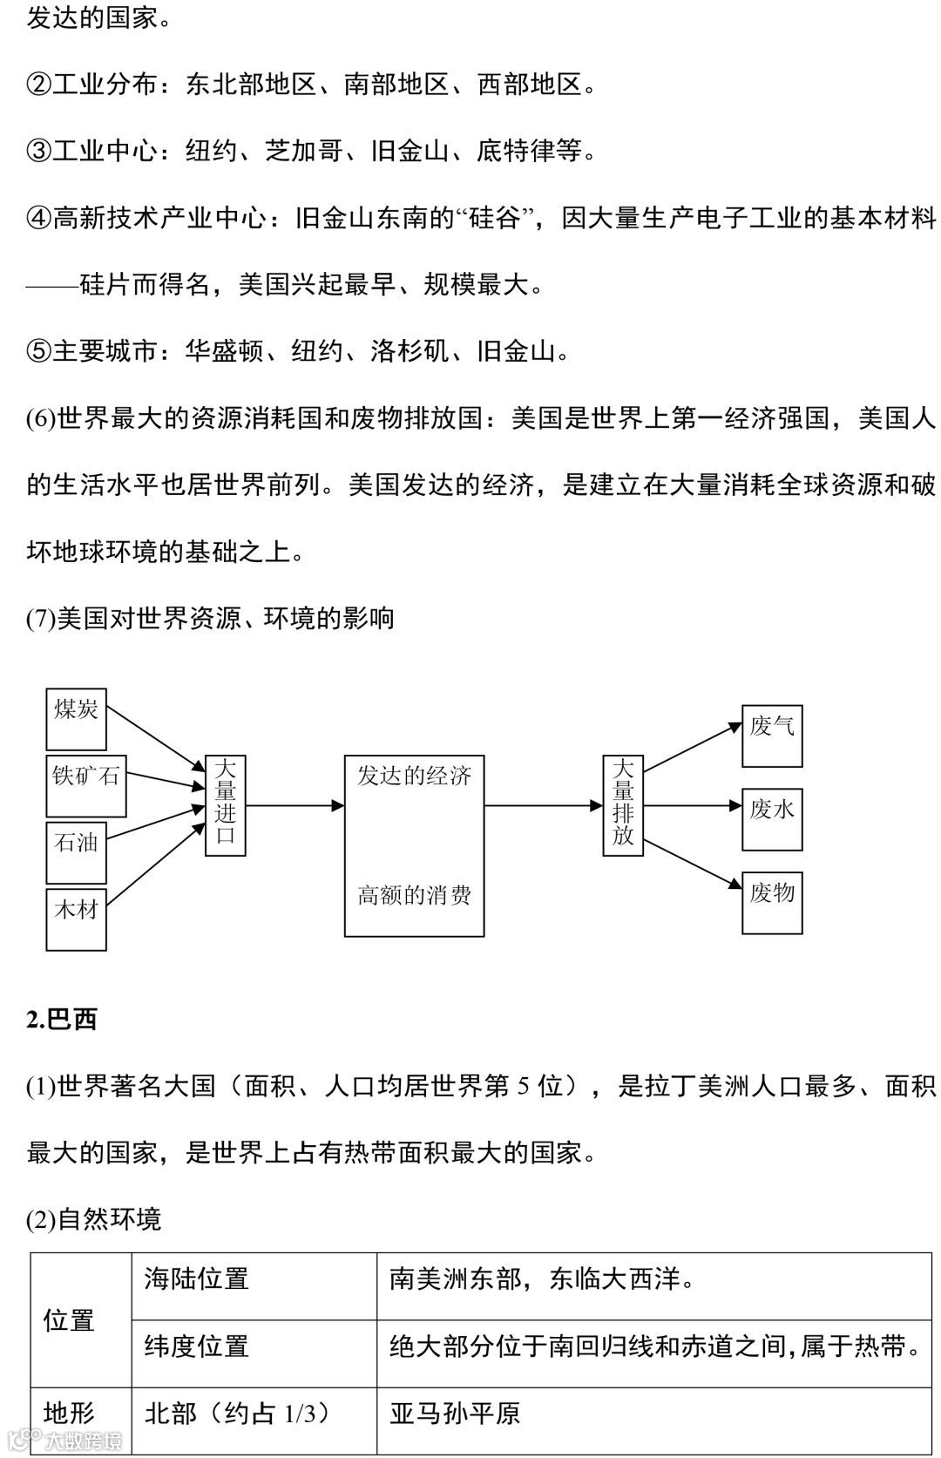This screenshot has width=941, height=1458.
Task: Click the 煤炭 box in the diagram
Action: (x=76, y=718)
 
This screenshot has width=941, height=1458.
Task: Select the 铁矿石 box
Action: (x=85, y=785)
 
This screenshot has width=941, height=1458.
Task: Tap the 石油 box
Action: (x=76, y=851)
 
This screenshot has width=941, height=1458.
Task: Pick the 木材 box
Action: (x=76, y=919)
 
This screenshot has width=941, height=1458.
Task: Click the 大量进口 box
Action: (x=225, y=805)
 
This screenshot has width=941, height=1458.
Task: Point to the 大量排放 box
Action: (x=623, y=805)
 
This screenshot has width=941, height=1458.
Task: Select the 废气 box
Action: (x=772, y=736)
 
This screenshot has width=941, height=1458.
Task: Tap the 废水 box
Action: (x=772, y=819)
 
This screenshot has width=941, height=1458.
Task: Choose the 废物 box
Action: (x=772, y=903)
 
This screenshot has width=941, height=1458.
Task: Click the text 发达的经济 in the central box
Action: (x=414, y=776)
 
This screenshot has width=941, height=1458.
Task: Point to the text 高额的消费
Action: (x=414, y=895)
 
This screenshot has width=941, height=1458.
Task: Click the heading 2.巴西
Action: (x=62, y=1019)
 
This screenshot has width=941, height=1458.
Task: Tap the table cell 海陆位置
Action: (x=197, y=1278)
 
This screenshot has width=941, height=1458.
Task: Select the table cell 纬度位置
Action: (x=197, y=1346)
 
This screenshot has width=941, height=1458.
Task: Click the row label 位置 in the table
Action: (x=69, y=1320)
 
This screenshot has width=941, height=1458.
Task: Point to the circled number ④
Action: (x=39, y=217)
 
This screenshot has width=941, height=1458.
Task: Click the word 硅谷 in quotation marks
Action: (x=493, y=217)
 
